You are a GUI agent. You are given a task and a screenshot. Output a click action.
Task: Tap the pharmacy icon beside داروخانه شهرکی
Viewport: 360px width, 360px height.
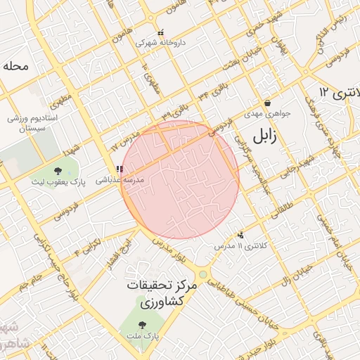pos(161,32)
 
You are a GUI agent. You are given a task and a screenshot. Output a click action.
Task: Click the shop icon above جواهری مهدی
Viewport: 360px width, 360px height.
pos(268,103)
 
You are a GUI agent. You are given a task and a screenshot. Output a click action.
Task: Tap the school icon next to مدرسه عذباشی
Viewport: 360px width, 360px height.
pos(120,169)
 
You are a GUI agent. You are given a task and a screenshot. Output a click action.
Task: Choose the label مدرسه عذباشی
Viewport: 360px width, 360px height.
pos(124,180)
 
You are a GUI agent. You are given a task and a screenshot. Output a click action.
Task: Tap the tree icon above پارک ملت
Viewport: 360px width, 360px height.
pos(143,326)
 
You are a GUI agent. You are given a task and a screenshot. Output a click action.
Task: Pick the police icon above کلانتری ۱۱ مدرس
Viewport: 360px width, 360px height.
pos(241,236)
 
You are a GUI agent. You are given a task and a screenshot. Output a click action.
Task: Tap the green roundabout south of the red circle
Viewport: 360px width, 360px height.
pos(202,274)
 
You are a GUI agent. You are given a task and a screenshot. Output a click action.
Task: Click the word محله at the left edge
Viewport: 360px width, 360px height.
pos(15,67)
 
